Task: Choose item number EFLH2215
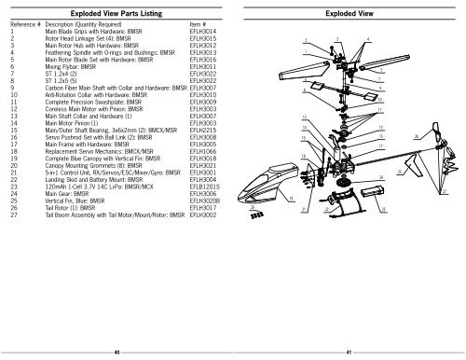203,129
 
